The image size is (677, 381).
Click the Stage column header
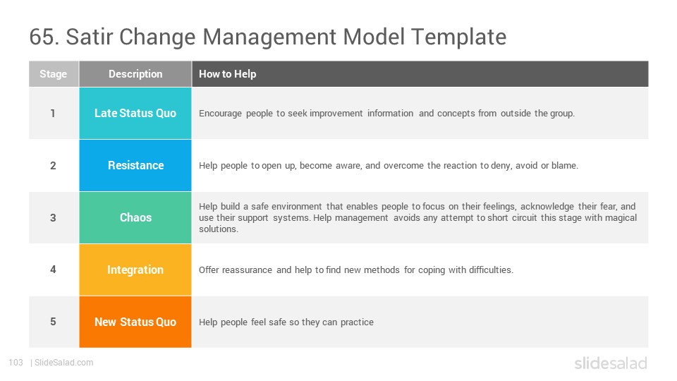point(54,74)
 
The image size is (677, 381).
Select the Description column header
point(135,74)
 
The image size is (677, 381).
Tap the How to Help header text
point(227,74)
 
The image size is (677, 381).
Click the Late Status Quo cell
point(135,113)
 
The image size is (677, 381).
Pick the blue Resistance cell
point(135,165)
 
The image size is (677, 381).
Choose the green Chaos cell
point(135,218)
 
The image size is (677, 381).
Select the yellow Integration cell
point(135,270)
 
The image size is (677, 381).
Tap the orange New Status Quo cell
point(135,322)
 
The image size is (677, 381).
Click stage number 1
point(53,113)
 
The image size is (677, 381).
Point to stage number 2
point(53,165)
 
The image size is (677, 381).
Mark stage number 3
point(53,218)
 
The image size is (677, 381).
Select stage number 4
point(53,270)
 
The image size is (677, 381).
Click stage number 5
point(53,322)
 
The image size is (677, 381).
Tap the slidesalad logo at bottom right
point(611,363)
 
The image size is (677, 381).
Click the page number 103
point(16,363)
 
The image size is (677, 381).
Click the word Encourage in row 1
point(220,114)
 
